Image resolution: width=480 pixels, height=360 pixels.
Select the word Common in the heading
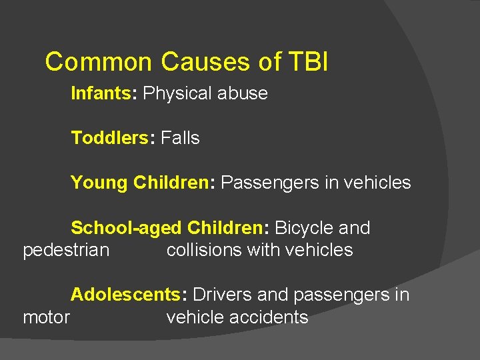pyautogui.click(x=99, y=62)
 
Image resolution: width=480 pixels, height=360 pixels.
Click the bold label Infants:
pyautogui.click(x=104, y=93)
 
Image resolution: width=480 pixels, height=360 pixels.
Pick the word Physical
pyautogui.click(x=178, y=93)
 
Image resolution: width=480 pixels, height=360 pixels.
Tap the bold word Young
pyautogui.click(x=99, y=183)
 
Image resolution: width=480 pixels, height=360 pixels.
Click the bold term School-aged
pyautogui.click(x=126, y=228)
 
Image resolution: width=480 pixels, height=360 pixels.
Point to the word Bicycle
pyautogui.click(x=304, y=228)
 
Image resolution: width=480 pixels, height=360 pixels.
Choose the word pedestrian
pyautogui.click(x=66, y=250)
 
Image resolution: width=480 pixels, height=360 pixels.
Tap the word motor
pyautogui.click(x=46, y=317)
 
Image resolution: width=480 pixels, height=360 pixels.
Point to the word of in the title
pyautogui.click(x=270, y=62)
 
